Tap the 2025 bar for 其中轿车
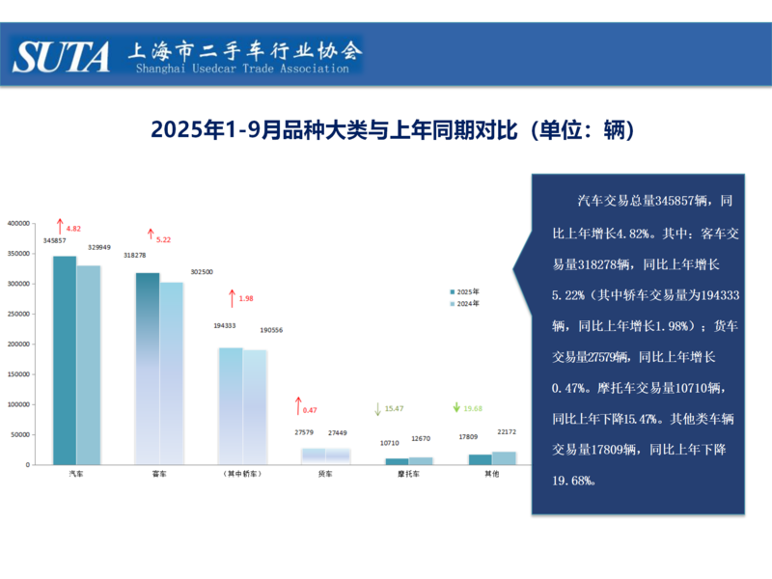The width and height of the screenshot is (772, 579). pos(231,405)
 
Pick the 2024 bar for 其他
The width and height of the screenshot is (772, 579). pos(504,457)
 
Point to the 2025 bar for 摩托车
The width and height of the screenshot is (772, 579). pos(397,461)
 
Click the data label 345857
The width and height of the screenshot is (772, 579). pos(54,240)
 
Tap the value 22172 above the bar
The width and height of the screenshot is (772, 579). pos(506,431)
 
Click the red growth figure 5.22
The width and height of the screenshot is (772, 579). pos(163,239)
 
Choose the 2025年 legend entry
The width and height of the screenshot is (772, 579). pos(465,290)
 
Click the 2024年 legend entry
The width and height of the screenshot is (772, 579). pos(465,304)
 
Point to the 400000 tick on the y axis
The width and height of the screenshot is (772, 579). pos(19,223)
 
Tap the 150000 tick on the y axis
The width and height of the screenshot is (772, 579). pos(19,374)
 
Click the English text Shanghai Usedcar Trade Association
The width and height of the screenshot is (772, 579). pos(242,69)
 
